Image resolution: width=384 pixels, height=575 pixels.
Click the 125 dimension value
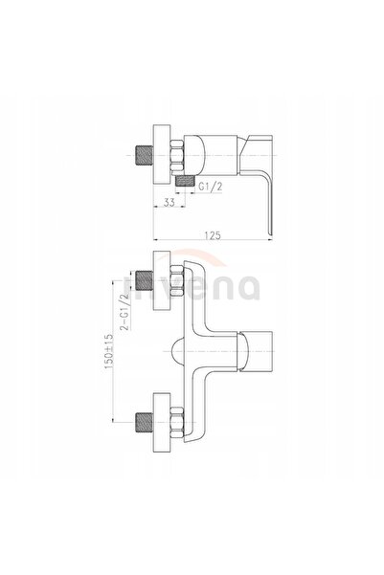click(213, 235)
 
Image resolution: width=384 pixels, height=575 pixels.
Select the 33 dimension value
click(169, 202)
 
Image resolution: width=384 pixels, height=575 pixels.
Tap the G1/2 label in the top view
click(211, 187)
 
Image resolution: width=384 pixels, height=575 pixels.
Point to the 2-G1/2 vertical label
click(125, 312)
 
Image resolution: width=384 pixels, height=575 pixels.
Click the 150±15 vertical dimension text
click(109, 351)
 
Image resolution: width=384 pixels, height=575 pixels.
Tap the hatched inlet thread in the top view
click(145, 156)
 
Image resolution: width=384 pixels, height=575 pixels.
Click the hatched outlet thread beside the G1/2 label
click(185, 181)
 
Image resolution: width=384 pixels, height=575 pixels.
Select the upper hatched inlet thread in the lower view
click(145, 280)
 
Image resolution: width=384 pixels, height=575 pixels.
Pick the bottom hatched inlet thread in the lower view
click(145, 423)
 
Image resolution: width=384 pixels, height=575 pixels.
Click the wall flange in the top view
click(162, 156)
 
